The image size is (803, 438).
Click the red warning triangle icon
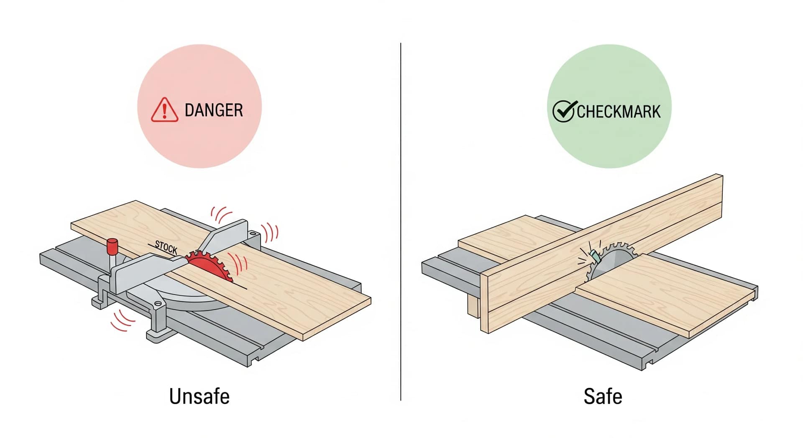(x=164, y=110)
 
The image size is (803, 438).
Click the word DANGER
(x=214, y=110)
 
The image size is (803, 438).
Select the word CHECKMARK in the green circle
(x=619, y=112)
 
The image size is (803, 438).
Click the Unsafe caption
(x=199, y=396)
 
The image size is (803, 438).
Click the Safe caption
(x=603, y=396)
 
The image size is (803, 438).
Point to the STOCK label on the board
(x=166, y=247)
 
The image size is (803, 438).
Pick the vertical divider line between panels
(x=401, y=222)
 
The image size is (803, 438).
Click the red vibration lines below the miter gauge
(x=123, y=320)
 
